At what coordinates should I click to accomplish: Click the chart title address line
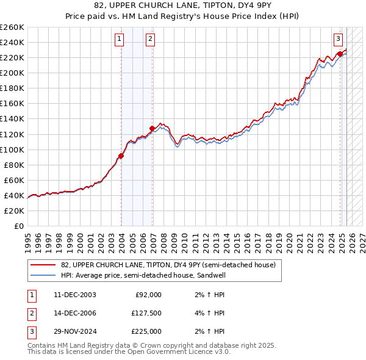click(x=183, y=5)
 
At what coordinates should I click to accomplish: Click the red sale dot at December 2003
click(x=121, y=156)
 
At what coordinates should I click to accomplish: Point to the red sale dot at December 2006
click(x=152, y=128)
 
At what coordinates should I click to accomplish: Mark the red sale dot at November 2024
click(x=340, y=54)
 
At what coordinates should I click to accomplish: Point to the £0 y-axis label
click(x=18, y=226)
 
